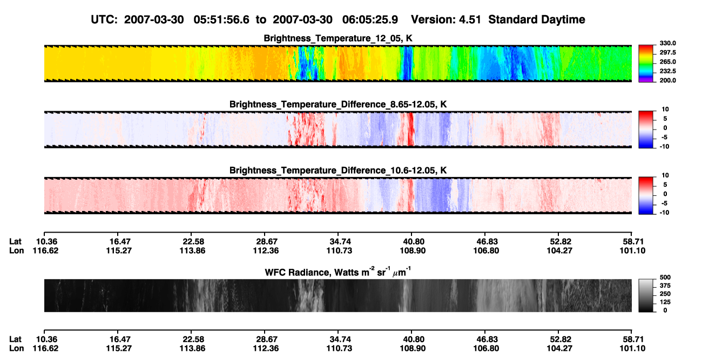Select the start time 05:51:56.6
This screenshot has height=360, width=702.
click(221, 20)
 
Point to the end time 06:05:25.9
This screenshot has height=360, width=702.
click(370, 20)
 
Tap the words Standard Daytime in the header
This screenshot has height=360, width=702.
click(537, 20)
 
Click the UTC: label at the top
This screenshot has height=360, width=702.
click(104, 20)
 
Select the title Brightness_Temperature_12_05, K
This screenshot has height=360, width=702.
click(338, 38)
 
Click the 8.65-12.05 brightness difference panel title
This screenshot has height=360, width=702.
click(338, 104)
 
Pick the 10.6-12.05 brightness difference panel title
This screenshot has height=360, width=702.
click(338, 171)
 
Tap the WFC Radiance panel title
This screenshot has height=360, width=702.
click(338, 272)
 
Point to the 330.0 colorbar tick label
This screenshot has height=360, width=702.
click(667, 43)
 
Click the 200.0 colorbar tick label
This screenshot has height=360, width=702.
click(667, 80)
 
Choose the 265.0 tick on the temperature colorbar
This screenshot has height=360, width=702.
click(667, 62)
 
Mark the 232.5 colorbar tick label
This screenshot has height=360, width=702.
click(667, 71)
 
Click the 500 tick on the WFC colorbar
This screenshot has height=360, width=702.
click(665, 277)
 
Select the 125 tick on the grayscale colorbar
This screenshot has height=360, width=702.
click(665, 302)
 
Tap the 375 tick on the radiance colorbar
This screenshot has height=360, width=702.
click(665, 286)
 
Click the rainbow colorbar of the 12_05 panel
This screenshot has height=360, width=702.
click(646, 64)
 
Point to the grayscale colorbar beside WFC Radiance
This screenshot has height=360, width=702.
click(646, 295)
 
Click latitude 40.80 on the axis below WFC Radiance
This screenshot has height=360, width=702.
click(413, 339)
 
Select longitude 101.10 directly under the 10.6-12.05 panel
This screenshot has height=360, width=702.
click(632, 250)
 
